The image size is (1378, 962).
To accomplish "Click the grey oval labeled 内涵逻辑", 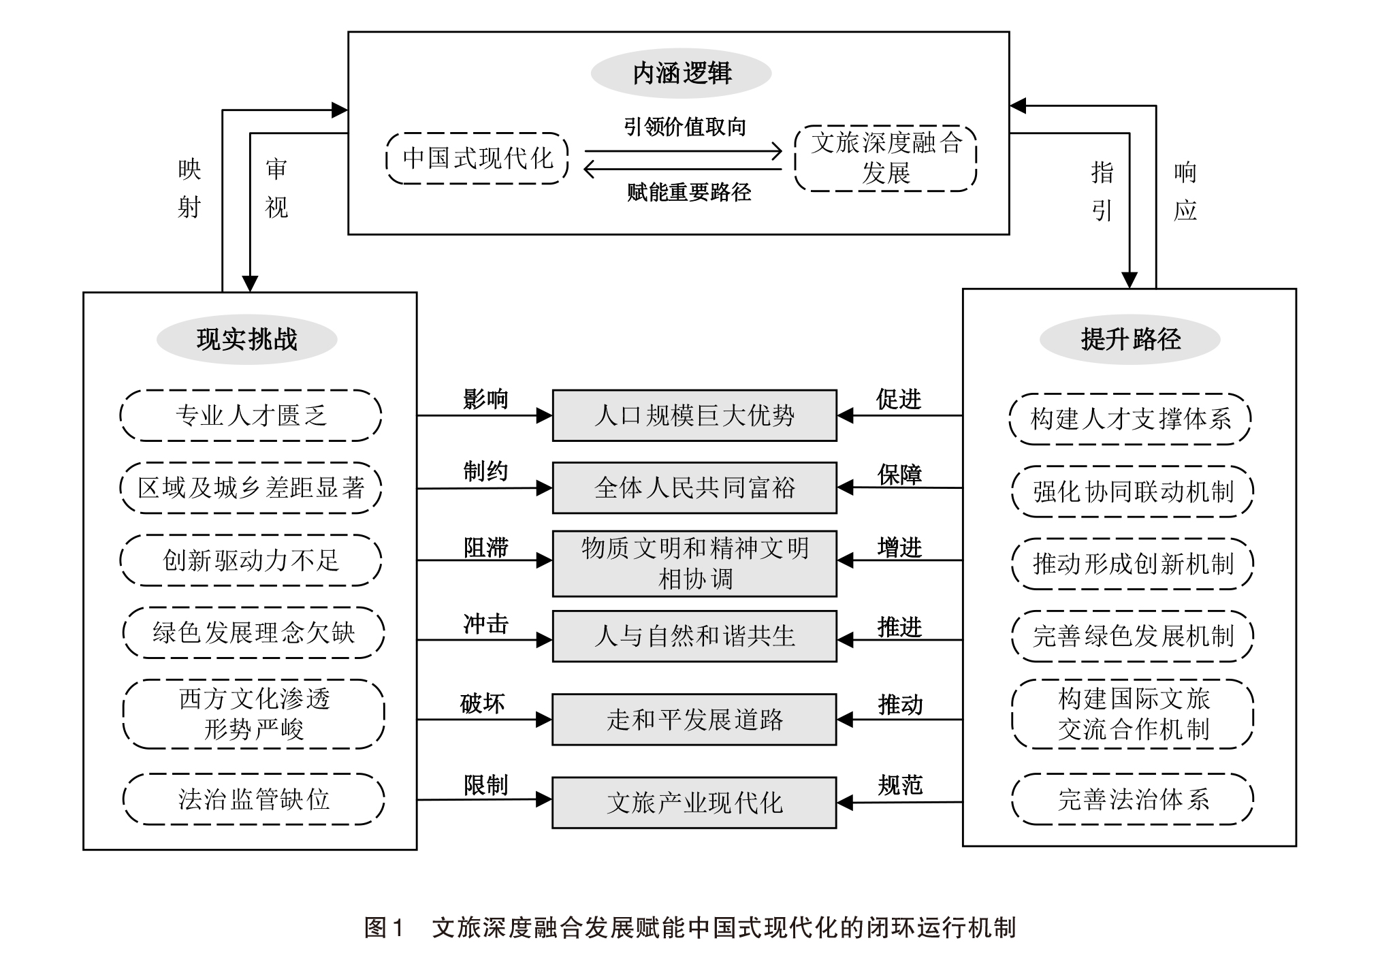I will tap(681, 74).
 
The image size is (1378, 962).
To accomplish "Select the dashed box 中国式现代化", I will tap(477, 159).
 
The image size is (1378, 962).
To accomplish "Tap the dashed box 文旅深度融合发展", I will tap(886, 159).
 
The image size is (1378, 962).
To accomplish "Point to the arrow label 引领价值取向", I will tap(685, 127).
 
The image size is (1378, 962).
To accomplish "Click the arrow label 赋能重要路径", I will tap(688, 193).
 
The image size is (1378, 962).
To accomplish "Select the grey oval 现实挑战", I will tap(246, 339).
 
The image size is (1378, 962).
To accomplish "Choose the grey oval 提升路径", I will tap(1130, 339).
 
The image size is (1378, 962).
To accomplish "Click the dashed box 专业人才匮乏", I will tap(251, 415).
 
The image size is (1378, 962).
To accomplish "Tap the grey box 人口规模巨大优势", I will tap(694, 415).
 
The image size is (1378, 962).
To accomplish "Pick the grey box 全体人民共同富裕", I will tap(694, 487).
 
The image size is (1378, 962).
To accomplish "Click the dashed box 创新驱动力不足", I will tap(251, 560).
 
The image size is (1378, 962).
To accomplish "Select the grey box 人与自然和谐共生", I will tap(694, 636).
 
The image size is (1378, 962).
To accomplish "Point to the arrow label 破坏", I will tap(482, 703).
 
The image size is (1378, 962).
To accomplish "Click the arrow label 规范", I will tap(899, 786).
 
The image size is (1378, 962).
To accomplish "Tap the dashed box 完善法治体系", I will tap(1133, 799).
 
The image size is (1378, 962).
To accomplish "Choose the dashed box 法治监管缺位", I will tap(253, 799).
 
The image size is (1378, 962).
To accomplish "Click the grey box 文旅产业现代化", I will tap(694, 803).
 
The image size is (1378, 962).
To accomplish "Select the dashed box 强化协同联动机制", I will tap(1133, 492).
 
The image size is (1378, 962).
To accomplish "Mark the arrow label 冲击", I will tap(485, 624).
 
